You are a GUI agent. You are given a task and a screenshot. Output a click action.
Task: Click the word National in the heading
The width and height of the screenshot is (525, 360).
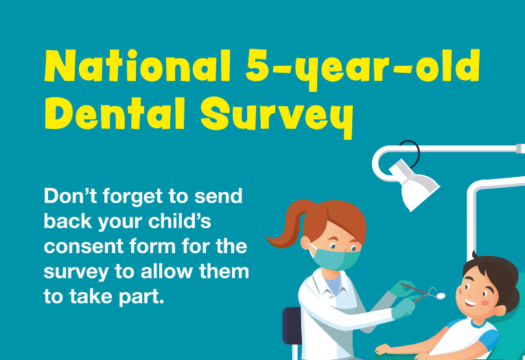click(x=137, y=66)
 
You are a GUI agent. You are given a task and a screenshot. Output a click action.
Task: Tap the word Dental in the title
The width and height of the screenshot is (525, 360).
click(x=115, y=113)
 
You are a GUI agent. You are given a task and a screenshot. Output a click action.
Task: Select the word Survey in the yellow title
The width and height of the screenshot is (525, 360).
click(x=277, y=118)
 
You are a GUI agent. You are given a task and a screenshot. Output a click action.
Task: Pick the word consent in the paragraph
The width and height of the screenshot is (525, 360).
click(x=84, y=247)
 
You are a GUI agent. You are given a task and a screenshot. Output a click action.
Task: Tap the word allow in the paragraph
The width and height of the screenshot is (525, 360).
click(x=166, y=271)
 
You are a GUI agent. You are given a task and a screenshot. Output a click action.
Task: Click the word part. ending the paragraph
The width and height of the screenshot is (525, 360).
click(x=141, y=297)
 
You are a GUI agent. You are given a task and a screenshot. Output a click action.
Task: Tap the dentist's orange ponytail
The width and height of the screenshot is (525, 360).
click(x=290, y=224)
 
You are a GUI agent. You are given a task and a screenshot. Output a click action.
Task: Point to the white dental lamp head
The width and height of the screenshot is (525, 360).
click(x=415, y=184)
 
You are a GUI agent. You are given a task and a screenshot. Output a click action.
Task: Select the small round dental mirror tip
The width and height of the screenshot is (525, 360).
click(x=441, y=296)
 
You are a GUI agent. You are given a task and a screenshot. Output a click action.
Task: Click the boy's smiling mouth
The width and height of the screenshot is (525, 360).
click(x=471, y=303)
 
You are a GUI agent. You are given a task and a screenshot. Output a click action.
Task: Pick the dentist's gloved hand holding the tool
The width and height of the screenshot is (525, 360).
click(x=404, y=307)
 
